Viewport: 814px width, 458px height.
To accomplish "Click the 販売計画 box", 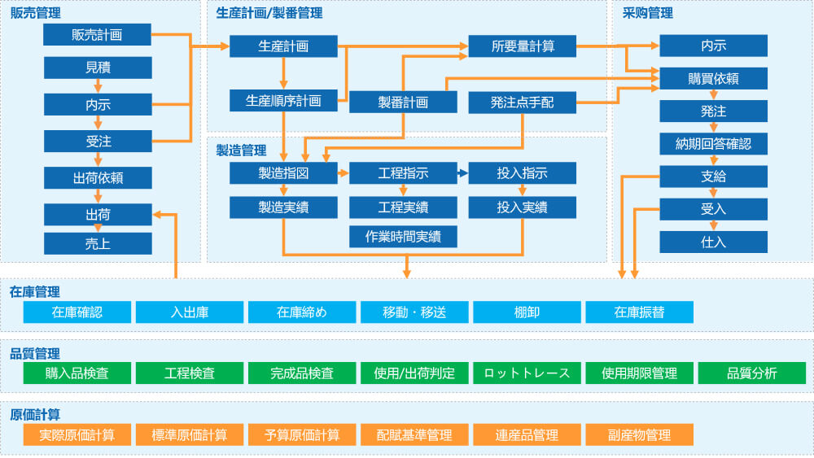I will point(98,35).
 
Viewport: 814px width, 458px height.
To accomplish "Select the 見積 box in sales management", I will point(98,68).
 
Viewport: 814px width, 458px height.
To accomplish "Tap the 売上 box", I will point(98,243).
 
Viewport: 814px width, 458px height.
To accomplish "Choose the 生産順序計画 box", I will point(283,102).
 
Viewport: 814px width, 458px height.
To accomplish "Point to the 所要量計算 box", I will point(523,46).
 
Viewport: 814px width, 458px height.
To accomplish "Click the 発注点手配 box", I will point(523,102).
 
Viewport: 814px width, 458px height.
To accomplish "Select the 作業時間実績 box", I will point(403,237).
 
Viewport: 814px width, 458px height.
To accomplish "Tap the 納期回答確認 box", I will point(713,144).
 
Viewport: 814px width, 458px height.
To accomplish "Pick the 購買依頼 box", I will point(713,79).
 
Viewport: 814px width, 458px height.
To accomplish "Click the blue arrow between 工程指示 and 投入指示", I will point(462,173).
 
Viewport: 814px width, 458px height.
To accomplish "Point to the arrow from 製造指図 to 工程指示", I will point(343,173).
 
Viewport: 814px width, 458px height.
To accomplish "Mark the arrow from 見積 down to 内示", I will point(98,85).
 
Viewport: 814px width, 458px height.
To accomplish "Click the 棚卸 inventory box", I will point(527,312).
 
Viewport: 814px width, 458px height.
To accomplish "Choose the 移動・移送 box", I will point(414,312).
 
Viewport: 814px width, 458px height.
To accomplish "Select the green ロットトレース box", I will point(527,373).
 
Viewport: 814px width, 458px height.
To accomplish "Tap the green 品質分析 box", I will point(751,373).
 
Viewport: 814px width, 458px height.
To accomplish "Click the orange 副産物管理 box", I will point(639,434).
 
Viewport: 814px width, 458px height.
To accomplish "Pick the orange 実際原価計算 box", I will point(77,434).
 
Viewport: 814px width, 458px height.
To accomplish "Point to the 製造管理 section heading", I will point(241,150).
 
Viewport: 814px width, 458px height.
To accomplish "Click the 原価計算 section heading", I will point(35,414).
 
